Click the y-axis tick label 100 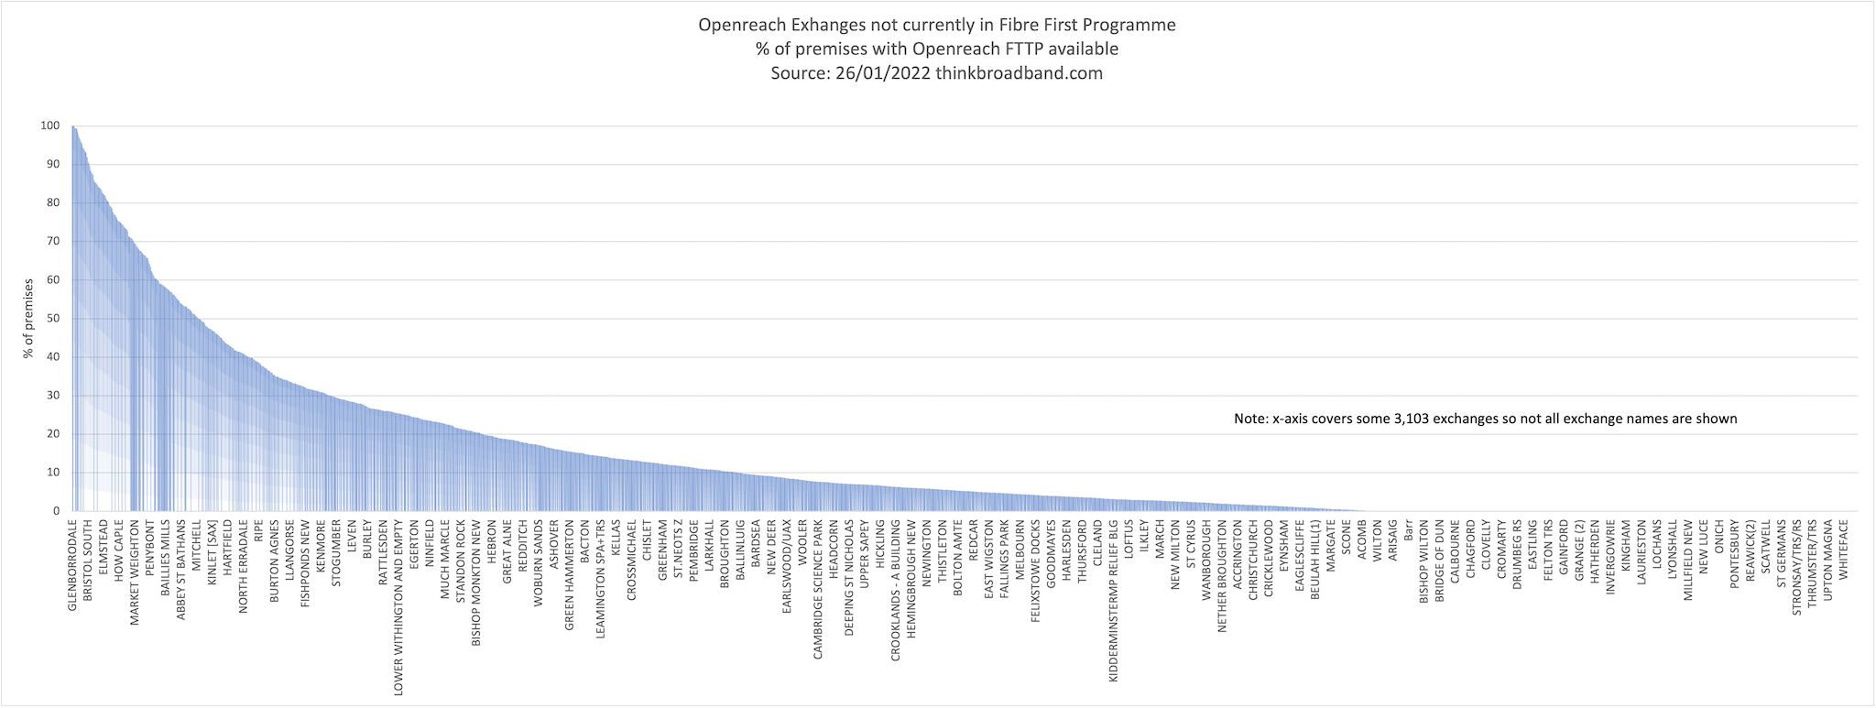[x=50, y=125]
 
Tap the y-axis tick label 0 [x=57, y=511]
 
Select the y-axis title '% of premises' [x=28, y=319]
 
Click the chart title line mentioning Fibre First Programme [x=936, y=25]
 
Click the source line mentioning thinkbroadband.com [x=936, y=73]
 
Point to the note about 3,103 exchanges [x=1485, y=419]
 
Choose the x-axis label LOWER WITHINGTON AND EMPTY [x=398, y=608]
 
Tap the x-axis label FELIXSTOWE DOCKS [x=1035, y=572]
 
